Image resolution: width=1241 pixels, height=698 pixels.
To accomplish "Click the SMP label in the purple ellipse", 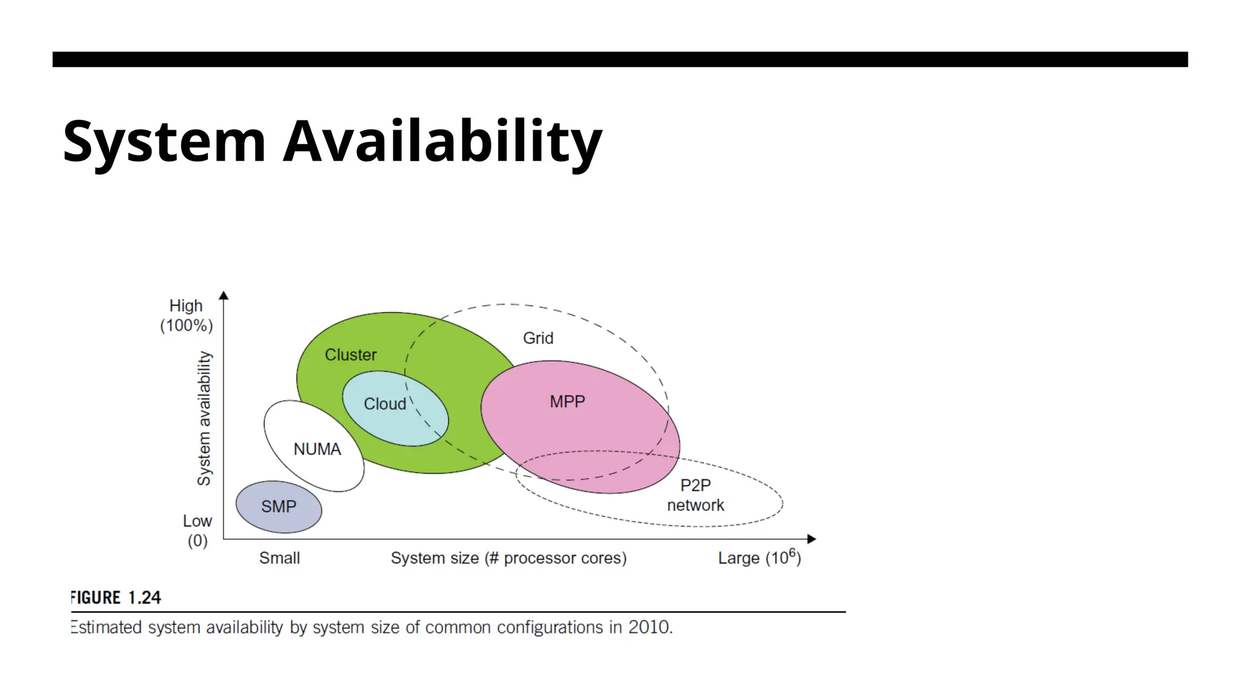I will coord(279,507).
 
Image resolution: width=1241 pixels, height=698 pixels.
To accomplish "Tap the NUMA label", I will coord(317,449).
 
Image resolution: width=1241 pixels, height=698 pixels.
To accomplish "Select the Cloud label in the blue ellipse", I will coord(385,404).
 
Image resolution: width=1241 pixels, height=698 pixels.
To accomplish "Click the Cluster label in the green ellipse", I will coord(350,354).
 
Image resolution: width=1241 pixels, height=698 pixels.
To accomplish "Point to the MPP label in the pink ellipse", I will coord(567,401).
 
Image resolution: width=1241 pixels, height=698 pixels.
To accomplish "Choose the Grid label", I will coord(538,338).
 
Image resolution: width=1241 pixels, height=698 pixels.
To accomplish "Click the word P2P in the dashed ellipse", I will coord(695,485).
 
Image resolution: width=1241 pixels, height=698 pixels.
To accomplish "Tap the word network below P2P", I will coord(695,505).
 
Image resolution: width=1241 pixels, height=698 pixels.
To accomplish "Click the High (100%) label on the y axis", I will coord(186,316).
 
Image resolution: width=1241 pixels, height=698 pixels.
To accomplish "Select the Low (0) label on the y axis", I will coord(198,531).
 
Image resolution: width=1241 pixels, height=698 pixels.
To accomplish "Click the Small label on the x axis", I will coord(279,558).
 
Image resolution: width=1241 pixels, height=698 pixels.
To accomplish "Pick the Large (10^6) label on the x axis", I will coord(759,557).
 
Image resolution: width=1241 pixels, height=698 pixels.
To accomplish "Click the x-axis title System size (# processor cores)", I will coord(508,558).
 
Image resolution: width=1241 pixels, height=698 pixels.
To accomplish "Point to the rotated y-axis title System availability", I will coord(204,418).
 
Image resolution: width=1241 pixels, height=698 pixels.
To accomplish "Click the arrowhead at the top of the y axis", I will coord(224,296).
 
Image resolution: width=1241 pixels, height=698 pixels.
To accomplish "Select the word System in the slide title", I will coord(164,142).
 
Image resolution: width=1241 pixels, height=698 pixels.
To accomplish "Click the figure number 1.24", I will coord(144,597).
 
